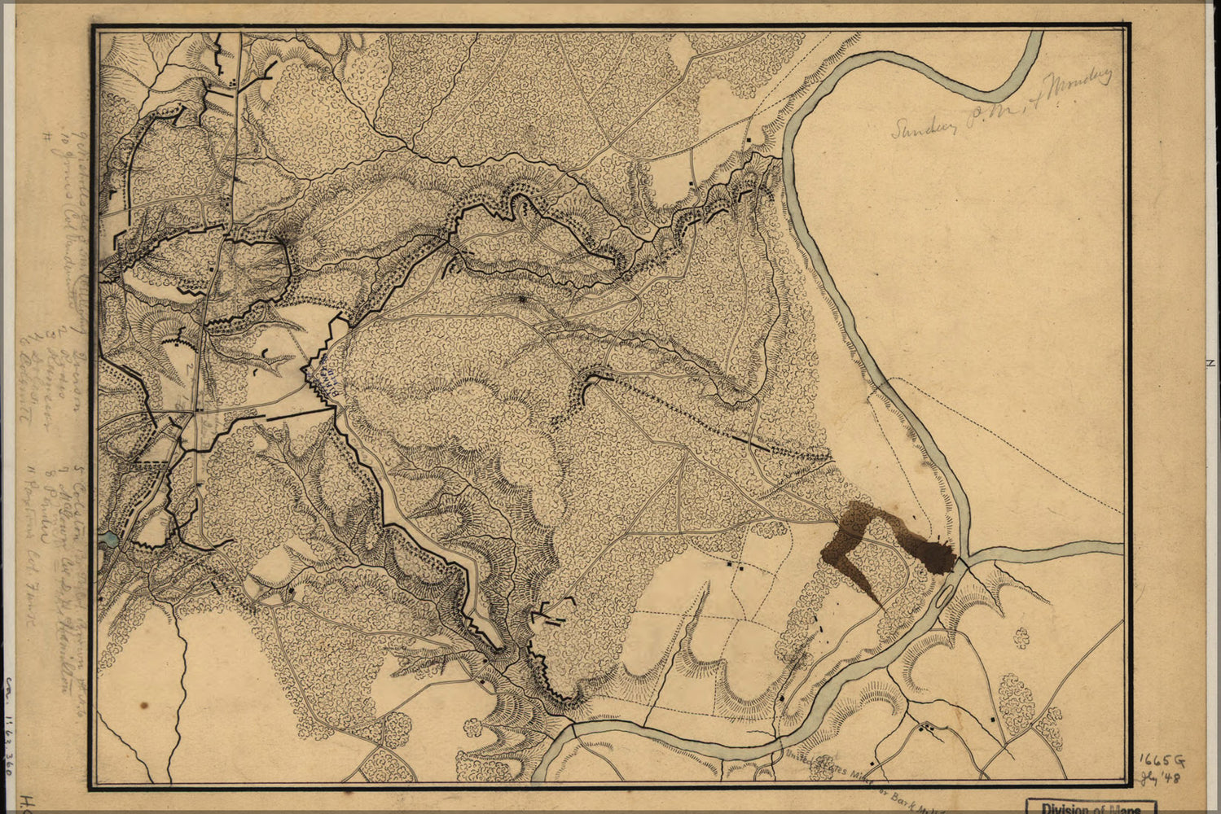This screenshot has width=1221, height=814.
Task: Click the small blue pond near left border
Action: pyautogui.click(x=108, y=538)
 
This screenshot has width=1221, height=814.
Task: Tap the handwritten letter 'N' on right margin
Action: pyautogui.click(x=1212, y=364)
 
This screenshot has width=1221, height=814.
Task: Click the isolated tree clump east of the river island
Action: pyautogui.click(x=1021, y=637)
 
